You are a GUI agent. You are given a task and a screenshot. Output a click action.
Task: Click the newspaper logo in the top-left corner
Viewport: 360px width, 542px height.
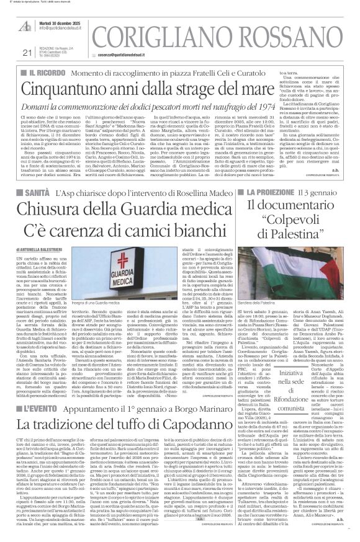point(26,27)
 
